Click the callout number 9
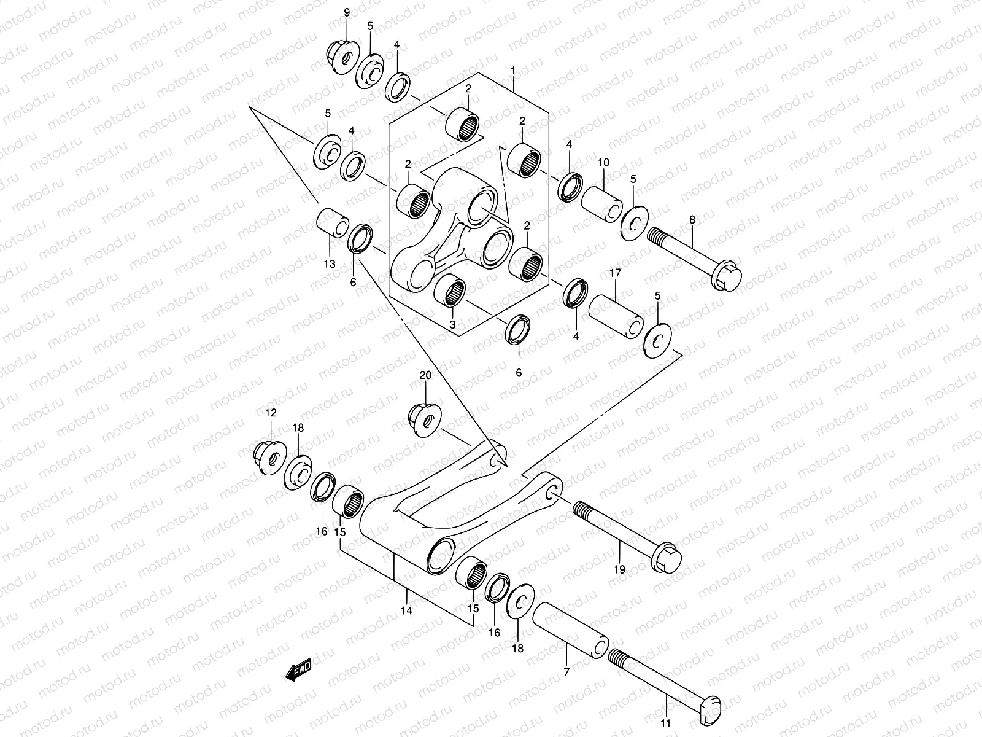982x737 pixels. [346, 13]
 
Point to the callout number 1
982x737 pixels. [512, 71]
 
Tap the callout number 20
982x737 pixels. [425, 375]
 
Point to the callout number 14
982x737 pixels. [406, 610]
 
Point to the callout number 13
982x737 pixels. [330, 265]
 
